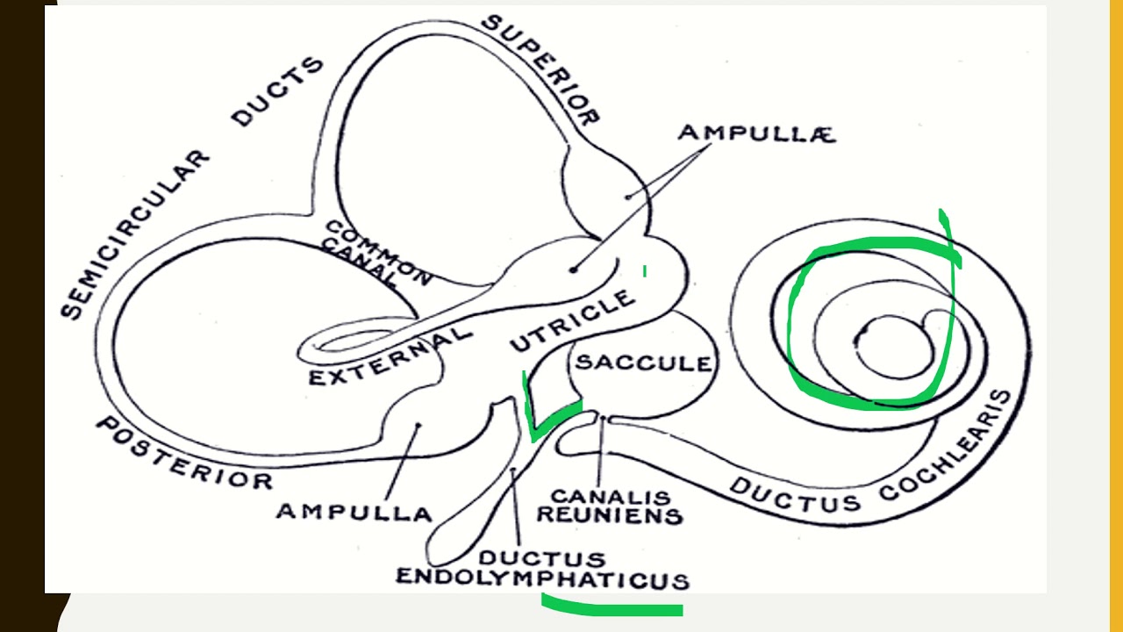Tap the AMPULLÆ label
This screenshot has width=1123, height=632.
(x=755, y=133)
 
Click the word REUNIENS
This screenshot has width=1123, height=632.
(x=609, y=515)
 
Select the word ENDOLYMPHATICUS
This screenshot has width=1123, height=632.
(x=542, y=578)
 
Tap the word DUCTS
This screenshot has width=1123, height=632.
(x=277, y=92)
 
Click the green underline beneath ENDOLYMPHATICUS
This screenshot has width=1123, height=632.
(x=612, y=607)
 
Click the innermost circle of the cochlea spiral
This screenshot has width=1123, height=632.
(x=889, y=346)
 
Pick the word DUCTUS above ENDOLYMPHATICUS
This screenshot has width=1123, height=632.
(x=541, y=558)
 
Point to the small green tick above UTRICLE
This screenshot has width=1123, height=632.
(x=645, y=271)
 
